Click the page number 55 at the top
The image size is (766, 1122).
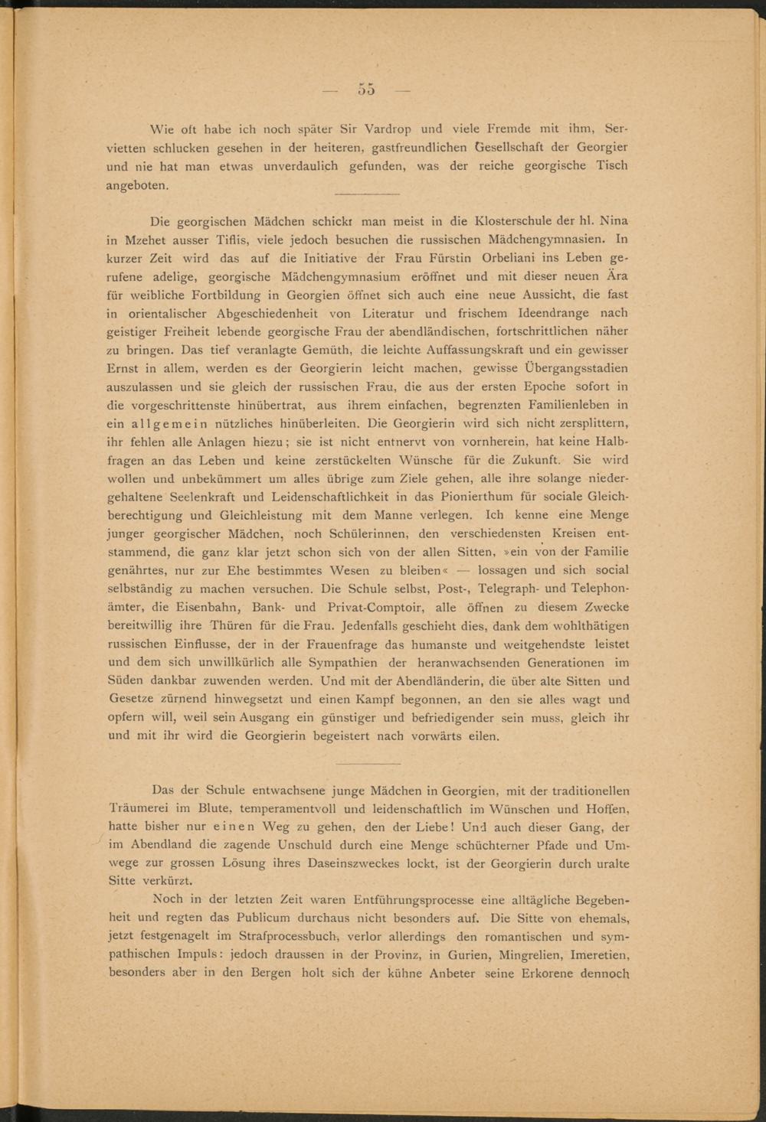[x=366, y=90]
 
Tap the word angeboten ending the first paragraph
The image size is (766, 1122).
[x=136, y=185]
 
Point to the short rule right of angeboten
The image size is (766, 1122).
[x=368, y=194]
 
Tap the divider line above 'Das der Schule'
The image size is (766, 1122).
[x=368, y=763]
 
